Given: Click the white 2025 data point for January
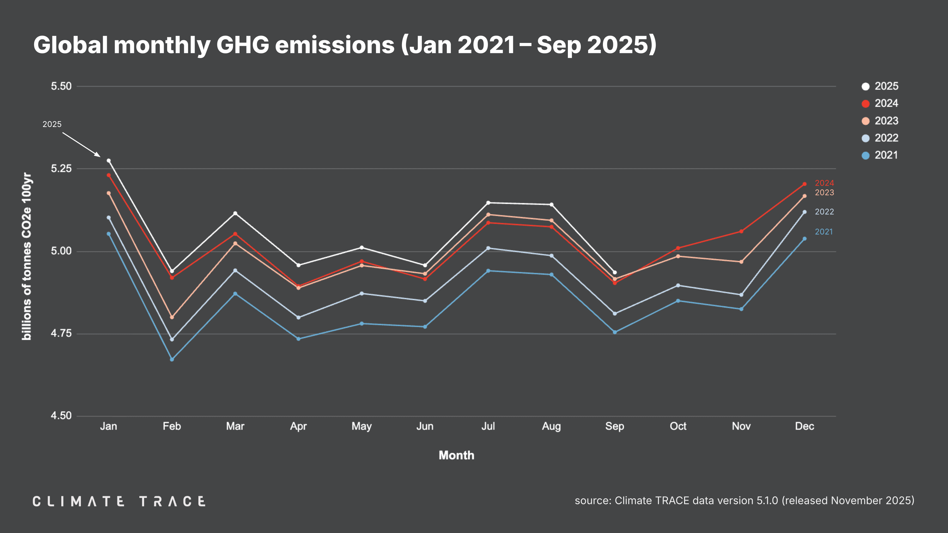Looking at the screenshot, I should (x=109, y=161).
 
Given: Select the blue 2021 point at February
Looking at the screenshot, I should (x=172, y=359).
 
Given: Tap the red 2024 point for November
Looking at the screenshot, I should (x=741, y=231).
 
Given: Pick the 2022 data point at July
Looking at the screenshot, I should (x=488, y=248).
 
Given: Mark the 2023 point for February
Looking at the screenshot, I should (x=172, y=317).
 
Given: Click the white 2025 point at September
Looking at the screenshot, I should (x=615, y=272).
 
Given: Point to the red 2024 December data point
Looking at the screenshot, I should (x=805, y=184).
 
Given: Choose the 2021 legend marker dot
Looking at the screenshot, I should (x=866, y=155).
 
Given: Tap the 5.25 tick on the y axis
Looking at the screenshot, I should (x=61, y=169).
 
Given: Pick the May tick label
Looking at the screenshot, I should (x=362, y=426).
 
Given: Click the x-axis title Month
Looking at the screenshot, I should (x=456, y=455).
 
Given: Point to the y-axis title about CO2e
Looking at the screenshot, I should (x=27, y=256).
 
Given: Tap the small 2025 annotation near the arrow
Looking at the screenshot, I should (x=52, y=124).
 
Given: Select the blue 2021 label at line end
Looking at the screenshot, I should (x=823, y=232).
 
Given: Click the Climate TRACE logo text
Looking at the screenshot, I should (x=119, y=501).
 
